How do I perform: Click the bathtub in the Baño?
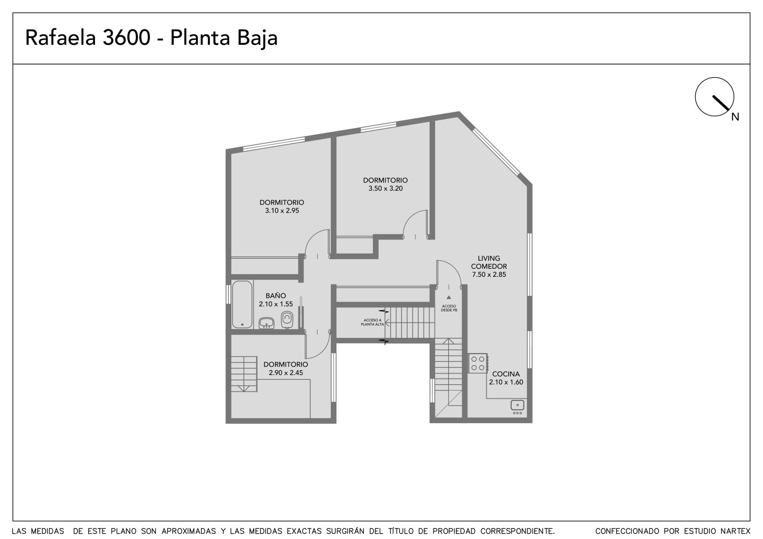tap(242, 305)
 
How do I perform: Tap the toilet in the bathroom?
tap(287, 319)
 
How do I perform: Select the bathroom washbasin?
tap(267, 323)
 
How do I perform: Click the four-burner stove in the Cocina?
tap(478, 363)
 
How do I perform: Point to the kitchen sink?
tap(517, 407)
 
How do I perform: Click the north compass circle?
tap(715, 97)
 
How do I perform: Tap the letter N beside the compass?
tap(735, 117)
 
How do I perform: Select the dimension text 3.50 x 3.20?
tap(386, 188)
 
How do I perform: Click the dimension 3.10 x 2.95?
tap(282, 211)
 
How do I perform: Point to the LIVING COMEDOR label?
tap(489, 262)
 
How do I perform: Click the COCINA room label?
tap(506, 374)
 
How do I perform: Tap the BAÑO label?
tap(276, 295)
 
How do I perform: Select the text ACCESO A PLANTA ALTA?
tap(372, 322)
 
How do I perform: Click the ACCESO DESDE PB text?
tap(449, 308)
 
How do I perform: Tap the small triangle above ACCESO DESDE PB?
tap(449, 297)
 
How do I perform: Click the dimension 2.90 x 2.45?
tap(286, 373)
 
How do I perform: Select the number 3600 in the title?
tap(126, 38)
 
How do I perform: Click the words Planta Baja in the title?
tap(224, 38)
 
